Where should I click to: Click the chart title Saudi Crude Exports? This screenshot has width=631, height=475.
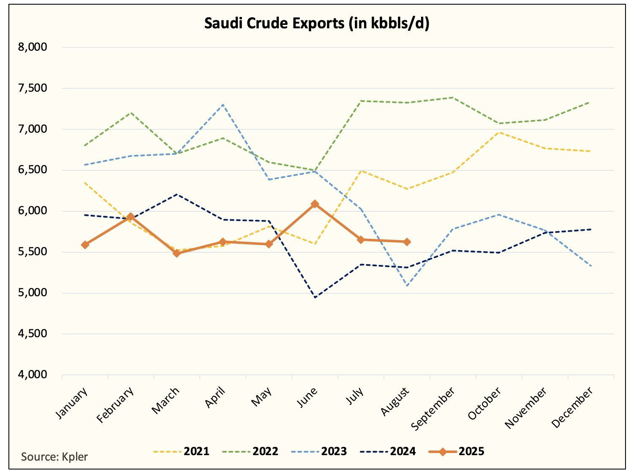point(316,23)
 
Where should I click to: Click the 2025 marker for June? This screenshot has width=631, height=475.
point(315,204)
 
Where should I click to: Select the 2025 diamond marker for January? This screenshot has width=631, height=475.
point(85,245)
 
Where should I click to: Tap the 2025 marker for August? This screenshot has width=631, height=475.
point(407,242)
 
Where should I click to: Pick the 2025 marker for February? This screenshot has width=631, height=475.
point(131,217)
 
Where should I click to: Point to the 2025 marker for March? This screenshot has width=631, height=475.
point(177,253)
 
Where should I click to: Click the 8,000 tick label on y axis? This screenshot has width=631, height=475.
point(33,47)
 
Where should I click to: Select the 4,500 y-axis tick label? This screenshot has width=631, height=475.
point(33,333)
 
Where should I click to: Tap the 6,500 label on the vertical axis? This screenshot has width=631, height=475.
point(33,170)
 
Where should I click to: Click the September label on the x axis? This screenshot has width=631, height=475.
point(433,408)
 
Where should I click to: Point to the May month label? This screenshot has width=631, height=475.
point(261,397)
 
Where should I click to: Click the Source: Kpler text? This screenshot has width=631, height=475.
point(54,457)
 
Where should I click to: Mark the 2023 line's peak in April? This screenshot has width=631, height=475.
point(223,104)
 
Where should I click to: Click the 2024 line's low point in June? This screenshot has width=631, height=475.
point(315,298)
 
